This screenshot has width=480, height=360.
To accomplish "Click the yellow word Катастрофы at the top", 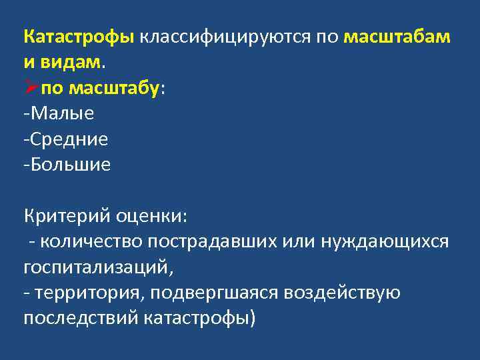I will [x=79, y=37].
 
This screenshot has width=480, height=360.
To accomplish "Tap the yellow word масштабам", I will [x=397, y=37].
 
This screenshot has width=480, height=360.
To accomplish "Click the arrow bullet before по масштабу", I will [x=31, y=88].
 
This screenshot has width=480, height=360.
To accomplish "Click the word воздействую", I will [x=343, y=293].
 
